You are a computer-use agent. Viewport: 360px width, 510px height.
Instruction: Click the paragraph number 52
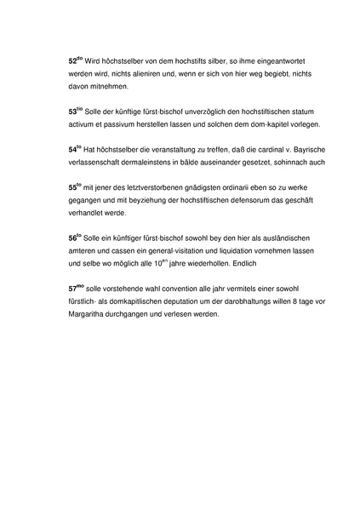72,63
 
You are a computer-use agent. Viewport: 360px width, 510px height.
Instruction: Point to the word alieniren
139,75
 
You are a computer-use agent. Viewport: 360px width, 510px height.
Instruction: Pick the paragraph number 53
72,112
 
